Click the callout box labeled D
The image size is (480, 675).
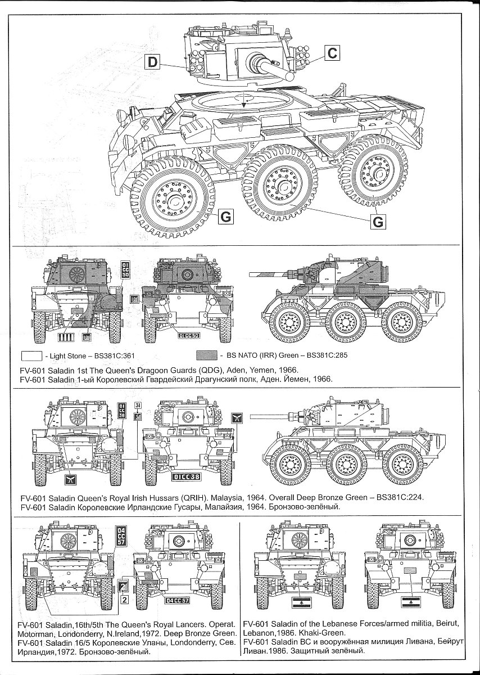pos(153,62)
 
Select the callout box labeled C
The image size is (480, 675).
pos(332,53)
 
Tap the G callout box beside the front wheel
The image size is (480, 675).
pos(224,217)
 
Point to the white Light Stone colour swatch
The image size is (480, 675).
pos(31,355)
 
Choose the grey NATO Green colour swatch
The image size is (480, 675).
pos(207,355)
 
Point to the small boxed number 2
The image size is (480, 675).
pos(124,599)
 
